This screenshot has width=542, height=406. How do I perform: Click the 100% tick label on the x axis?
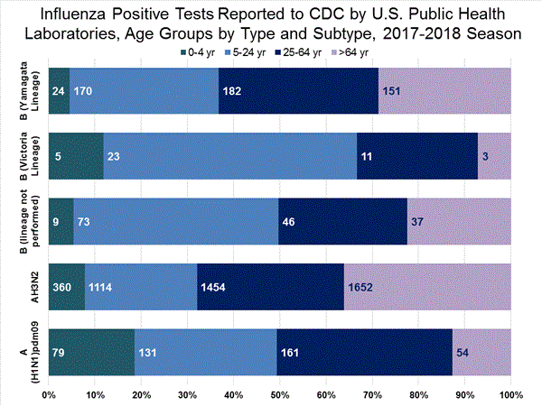[510, 395]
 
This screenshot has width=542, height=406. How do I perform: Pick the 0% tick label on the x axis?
[50, 395]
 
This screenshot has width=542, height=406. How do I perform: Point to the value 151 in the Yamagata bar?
[393, 90]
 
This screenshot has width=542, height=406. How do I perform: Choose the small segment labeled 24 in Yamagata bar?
[59, 90]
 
